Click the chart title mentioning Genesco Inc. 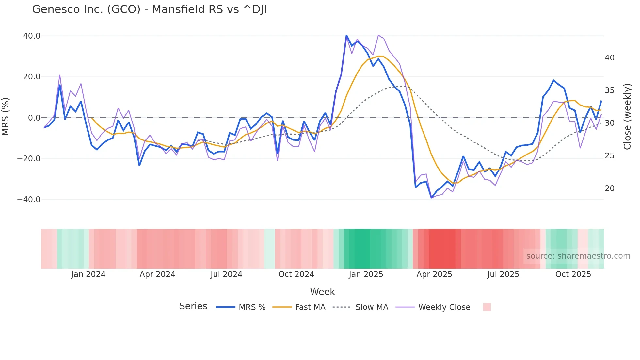pyautogui.click(x=149, y=9)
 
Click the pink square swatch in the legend pyautogui.click(x=487, y=307)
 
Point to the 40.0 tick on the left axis pyautogui.click(x=32, y=36)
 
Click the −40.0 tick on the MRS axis pyautogui.click(x=29, y=200)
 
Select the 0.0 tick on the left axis pyautogui.click(x=34, y=118)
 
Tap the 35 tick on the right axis pyautogui.click(x=609, y=90)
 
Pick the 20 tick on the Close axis pyautogui.click(x=609, y=188)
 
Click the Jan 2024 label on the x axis pyautogui.click(x=88, y=274)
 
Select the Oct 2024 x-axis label pyautogui.click(x=296, y=274)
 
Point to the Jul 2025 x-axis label pyautogui.click(x=503, y=274)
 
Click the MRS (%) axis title pyautogui.click(x=6, y=116)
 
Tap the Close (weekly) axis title pyautogui.click(x=627, y=117)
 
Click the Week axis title pyautogui.click(x=322, y=292)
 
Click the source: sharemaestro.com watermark pyautogui.click(x=578, y=256)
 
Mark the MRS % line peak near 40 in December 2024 pyautogui.click(x=346, y=36)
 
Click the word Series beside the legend pyautogui.click(x=193, y=306)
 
